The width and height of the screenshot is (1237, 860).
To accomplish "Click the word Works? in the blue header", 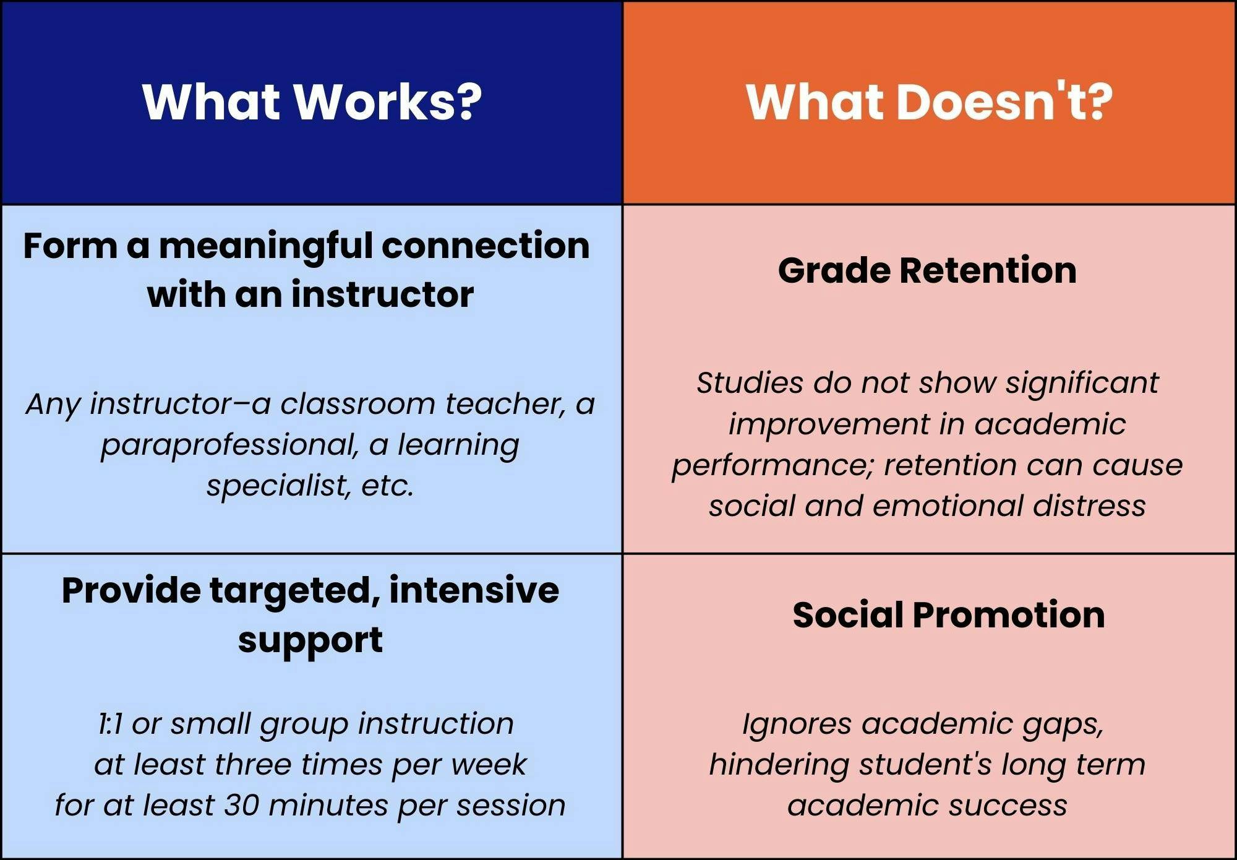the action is pos(387,101).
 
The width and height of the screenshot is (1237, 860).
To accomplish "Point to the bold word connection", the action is pos(486,246).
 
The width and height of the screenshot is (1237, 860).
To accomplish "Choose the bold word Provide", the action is pos(131,590).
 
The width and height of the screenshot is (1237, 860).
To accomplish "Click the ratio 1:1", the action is pos(111,724).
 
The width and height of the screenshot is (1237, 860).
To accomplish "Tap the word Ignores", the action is pos(797,725).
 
